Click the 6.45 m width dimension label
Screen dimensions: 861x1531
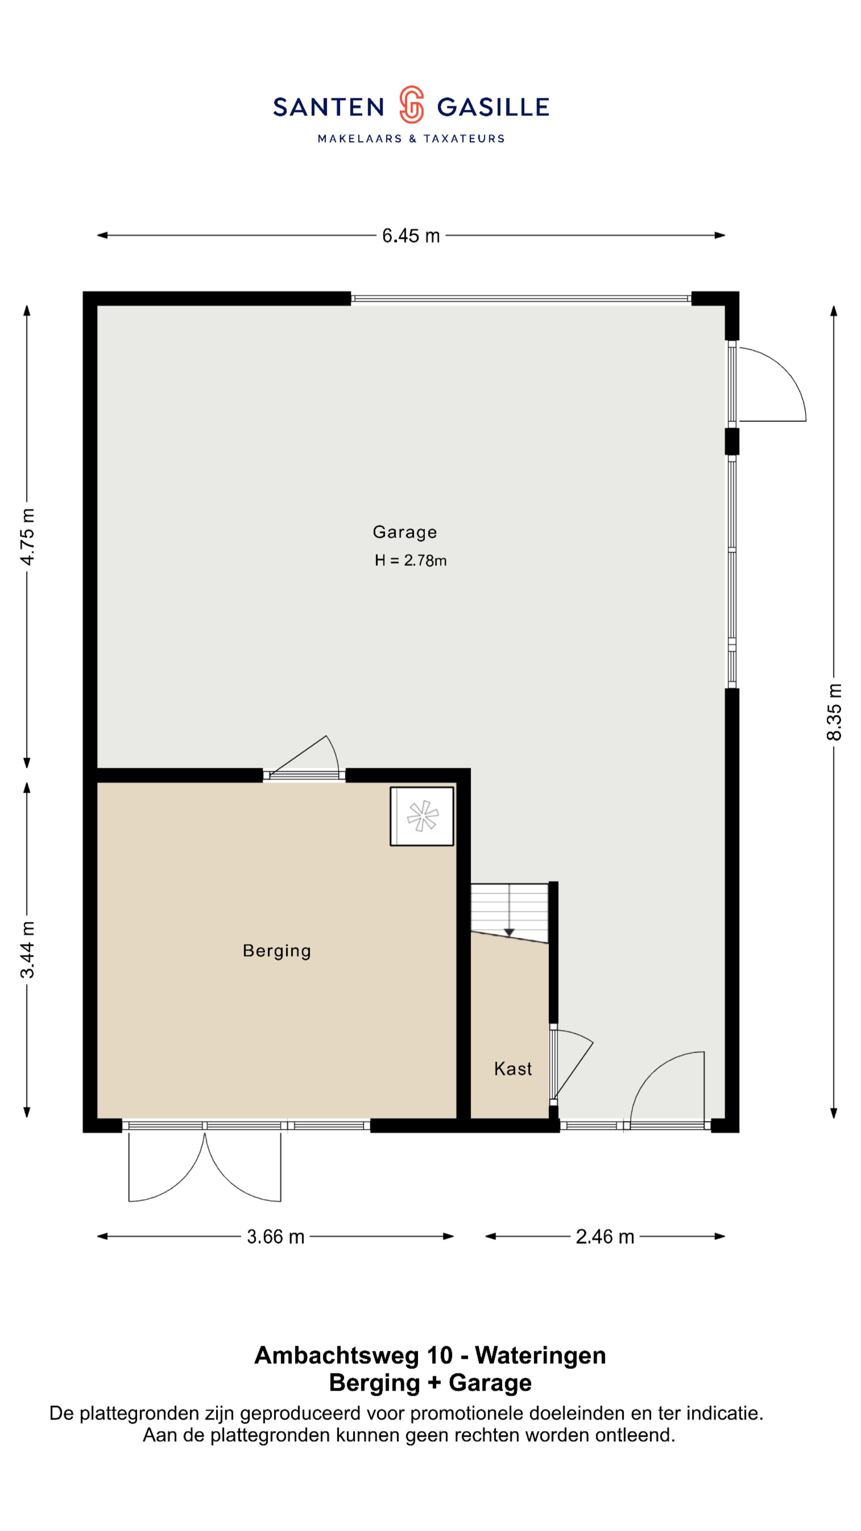click(x=411, y=236)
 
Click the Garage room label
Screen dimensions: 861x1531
click(x=405, y=532)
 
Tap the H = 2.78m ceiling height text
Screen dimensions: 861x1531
click(x=411, y=561)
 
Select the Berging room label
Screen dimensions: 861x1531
click(x=277, y=951)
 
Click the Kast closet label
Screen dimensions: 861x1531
click(x=513, y=1069)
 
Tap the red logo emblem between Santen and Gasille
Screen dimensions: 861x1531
click(x=411, y=104)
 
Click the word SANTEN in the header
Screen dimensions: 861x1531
click(x=328, y=108)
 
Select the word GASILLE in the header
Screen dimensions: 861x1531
click(x=493, y=108)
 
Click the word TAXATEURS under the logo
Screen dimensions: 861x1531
click(x=464, y=138)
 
